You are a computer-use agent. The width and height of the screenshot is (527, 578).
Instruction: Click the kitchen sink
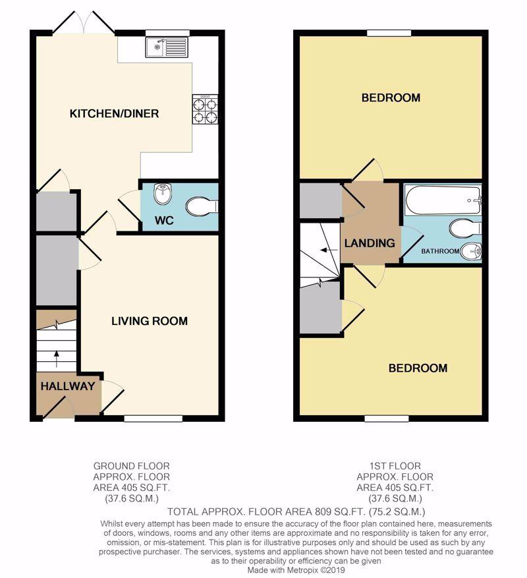click(167, 47)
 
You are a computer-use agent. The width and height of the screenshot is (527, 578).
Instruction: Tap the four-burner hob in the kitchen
click(205, 109)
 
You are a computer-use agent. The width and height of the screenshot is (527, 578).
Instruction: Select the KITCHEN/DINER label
click(114, 113)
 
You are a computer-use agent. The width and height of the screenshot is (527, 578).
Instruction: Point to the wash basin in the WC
click(163, 194)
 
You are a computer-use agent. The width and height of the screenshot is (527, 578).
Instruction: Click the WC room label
click(165, 220)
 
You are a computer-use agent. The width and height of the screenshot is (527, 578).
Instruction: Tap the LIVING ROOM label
click(150, 321)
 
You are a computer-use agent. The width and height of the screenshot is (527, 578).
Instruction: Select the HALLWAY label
click(68, 386)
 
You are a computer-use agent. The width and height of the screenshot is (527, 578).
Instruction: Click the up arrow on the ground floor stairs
click(57, 359)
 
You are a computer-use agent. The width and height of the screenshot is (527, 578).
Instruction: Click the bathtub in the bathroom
click(443, 200)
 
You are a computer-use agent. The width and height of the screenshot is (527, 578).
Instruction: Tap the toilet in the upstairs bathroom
click(465, 228)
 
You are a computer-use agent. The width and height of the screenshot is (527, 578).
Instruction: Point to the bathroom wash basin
click(471, 252)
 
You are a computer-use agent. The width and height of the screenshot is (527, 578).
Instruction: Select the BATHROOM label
click(440, 251)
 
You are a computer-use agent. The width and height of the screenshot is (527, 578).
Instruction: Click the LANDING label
click(370, 243)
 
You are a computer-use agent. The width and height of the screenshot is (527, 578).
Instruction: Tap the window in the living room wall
click(153, 419)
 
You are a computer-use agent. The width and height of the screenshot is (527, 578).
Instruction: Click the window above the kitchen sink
click(167, 33)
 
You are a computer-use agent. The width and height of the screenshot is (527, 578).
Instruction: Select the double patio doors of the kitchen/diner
click(84, 23)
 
